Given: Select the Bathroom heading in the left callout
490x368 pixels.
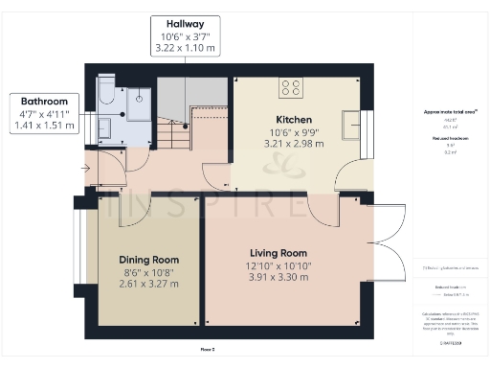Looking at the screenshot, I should tap(43, 101).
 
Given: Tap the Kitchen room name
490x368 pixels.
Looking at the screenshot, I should tap(291, 121).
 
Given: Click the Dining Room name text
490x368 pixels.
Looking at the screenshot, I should tap(148, 260).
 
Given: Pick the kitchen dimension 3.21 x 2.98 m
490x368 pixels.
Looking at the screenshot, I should tap(291, 145).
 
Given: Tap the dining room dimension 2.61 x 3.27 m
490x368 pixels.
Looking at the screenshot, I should tap(148, 285).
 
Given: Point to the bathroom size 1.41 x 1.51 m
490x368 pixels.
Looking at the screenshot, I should tap(43, 126).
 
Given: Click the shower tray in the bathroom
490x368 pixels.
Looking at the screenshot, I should tap(138, 98).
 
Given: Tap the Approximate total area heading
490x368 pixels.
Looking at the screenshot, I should tap(450, 112).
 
